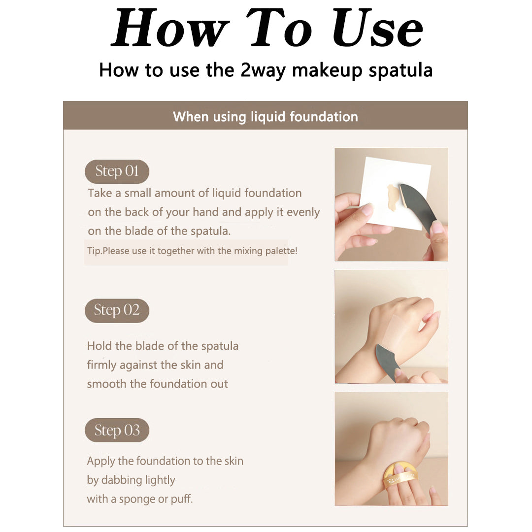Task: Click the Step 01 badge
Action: coord(117,171)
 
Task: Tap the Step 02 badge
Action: coord(117,310)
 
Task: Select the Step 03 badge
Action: coord(117,430)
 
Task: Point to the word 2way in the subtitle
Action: coord(263,70)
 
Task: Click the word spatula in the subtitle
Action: coord(400,70)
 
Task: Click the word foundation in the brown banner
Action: coord(324,117)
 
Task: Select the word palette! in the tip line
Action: coord(281,251)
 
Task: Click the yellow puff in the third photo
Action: coord(400,477)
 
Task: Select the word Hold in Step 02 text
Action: coord(100,346)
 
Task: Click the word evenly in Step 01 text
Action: coord(303,212)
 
